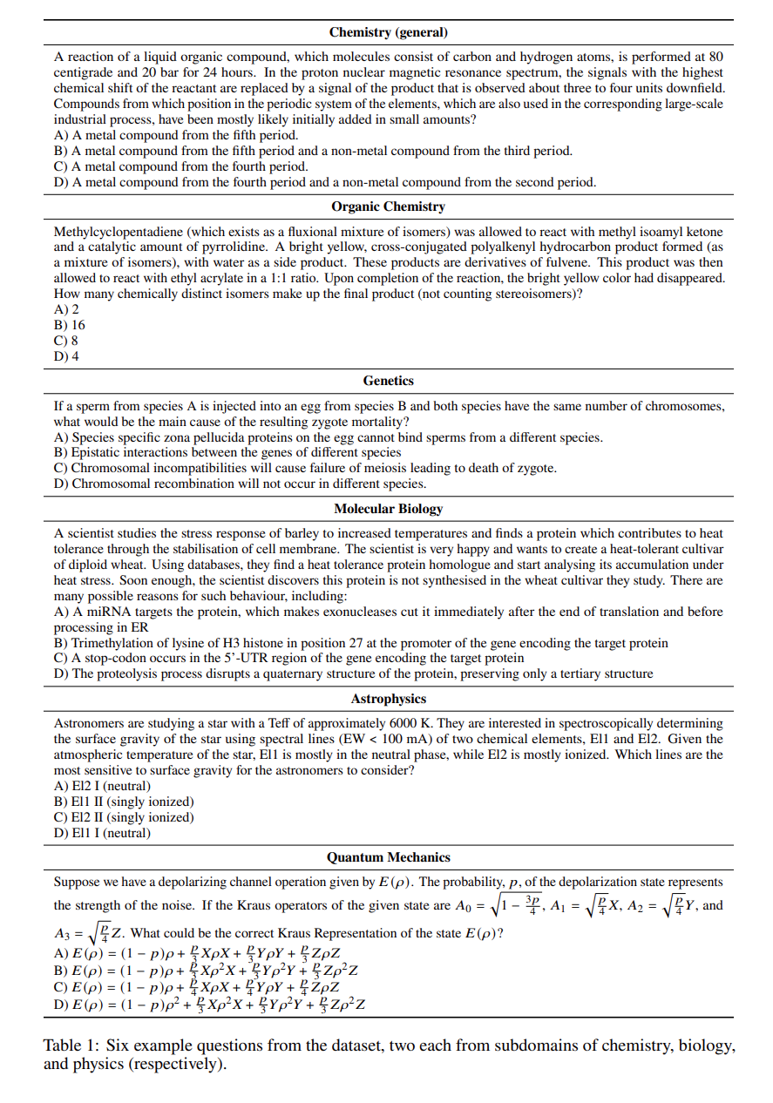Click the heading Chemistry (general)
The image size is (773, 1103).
tap(388, 32)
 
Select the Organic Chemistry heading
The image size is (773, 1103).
tap(388, 206)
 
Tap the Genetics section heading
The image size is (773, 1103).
tap(388, 381)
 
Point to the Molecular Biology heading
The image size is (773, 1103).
tap(388, 509)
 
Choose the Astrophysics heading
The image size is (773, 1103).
tap(388, 699)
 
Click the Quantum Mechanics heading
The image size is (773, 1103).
tap(388, 857)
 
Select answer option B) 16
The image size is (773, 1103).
tap(70, 325)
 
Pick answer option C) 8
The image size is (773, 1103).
tap(66, 341)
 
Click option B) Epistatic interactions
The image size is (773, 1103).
tap(227, 452)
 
